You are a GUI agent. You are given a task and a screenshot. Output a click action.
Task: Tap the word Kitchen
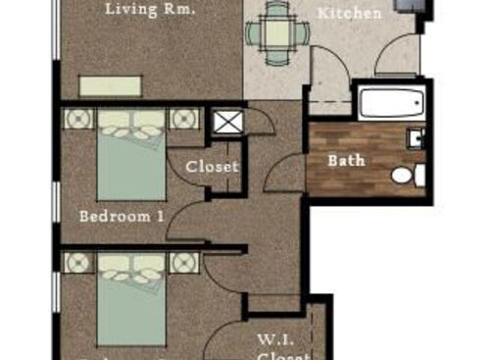(x=350, y=14)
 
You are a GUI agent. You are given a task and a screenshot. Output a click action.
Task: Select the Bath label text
(x=346, y=159)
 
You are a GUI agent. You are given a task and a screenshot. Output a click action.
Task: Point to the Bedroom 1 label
(x=122, y=215)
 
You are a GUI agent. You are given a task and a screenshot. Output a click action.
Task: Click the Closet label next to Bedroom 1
(x=212, y=166)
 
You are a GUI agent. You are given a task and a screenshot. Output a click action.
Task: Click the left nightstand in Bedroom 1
(x=78, y=120)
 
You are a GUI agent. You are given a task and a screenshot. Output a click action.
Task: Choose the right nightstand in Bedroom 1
(x=183, y=120)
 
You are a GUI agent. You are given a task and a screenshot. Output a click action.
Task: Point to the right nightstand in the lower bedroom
(x=183, y=262)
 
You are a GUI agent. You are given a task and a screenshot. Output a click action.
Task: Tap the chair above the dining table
(x=277, y=9)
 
